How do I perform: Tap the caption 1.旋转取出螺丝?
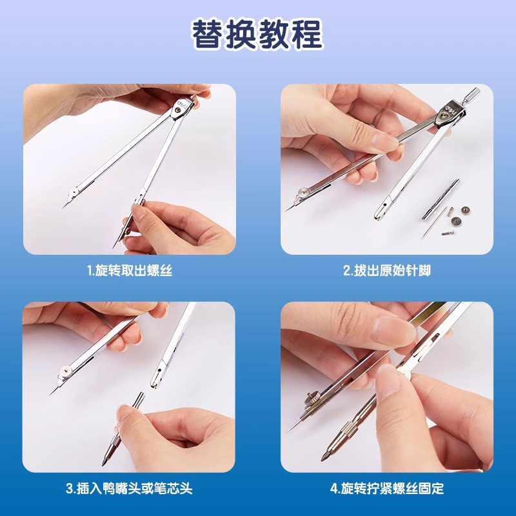point(130,271)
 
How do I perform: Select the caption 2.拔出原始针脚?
point(386,271)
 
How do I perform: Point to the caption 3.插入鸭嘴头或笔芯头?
point(130,488)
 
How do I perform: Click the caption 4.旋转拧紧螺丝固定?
point(386,488)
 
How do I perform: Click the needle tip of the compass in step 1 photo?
point(64,204)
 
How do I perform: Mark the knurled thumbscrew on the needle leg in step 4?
point(310,401)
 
